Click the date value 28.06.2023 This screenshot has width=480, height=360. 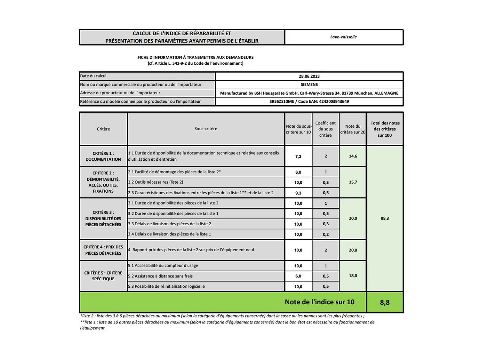tap(309, 76)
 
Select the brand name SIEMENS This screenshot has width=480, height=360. tap(309, 84)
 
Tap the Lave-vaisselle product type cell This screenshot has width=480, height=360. tap(343, 37)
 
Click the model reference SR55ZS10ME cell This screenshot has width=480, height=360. tap(309, 101)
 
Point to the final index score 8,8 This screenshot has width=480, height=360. tap(385, 302)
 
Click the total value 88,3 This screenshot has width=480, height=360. tap(385, 218)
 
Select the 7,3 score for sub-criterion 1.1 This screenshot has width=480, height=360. tap(298, 156)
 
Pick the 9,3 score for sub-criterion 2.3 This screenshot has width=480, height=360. tap(298, 193)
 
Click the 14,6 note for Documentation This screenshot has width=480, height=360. tap(353, 156)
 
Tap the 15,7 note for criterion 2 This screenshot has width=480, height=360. tap(353, 182)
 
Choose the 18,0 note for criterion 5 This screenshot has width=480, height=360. tap(353, 276)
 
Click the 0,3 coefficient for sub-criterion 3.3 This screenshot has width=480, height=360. tap(326, 224)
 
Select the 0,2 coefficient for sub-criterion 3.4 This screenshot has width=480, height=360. tap(326, 234)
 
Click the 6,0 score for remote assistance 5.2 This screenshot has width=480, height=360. tap(298, 276)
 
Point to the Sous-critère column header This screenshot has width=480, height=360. tap(206, 129)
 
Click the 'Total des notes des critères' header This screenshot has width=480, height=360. tap(385, 129)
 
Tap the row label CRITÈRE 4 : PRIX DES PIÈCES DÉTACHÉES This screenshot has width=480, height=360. tap(103, 250)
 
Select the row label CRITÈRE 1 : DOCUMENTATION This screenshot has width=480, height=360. tap(103, 156)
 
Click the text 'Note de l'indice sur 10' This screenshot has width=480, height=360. tap(319, 302)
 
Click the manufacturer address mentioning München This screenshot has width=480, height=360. tap(309, 93)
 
